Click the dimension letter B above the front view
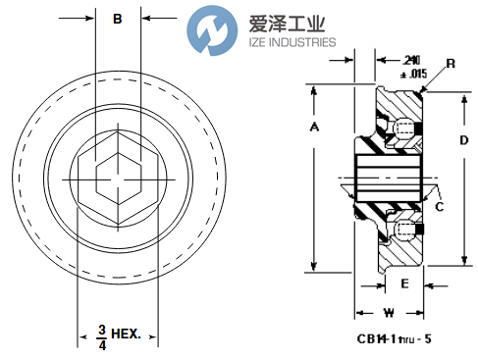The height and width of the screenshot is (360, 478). [118, 19]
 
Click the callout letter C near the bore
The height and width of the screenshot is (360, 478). [440, 206]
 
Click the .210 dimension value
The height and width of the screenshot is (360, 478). [396, 59]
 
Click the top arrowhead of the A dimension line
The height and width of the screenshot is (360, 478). [314, 90]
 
